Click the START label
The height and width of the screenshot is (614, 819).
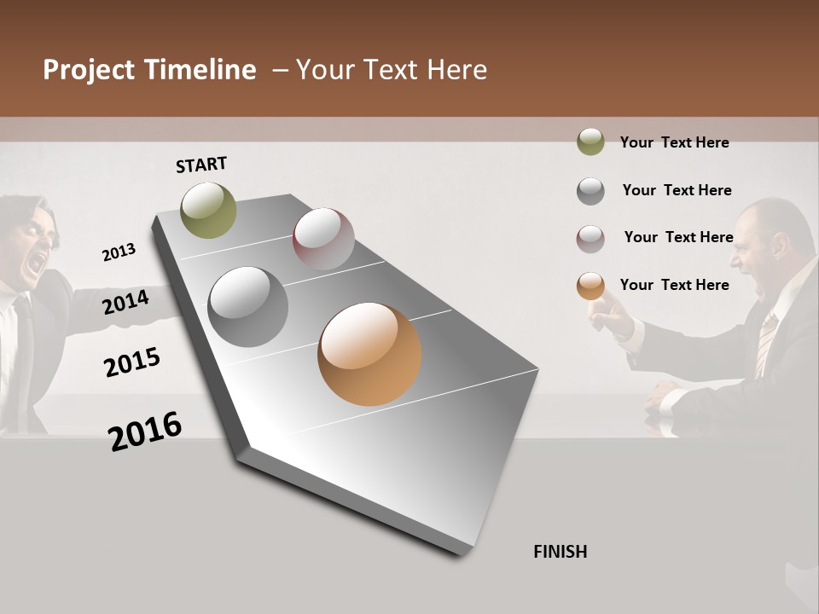[201, 165]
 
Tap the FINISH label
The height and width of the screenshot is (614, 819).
[560, 552]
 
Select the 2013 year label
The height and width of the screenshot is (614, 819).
[119, 252]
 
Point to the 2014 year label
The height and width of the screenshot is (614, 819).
[125, 302]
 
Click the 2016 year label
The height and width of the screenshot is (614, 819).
[145, 431]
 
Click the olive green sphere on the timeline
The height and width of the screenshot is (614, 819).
[209, 210]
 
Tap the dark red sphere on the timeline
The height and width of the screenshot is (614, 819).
[323, 239]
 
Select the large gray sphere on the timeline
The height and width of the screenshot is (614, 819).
[248, 307]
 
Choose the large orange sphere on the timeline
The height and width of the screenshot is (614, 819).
[369, 354]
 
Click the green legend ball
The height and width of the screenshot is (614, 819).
[590, 142]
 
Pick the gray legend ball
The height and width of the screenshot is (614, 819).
[590, 190]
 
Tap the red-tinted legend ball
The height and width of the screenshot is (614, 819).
[590, 238]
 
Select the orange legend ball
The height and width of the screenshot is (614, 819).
[590, 286]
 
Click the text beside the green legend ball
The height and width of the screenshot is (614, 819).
[674, 142]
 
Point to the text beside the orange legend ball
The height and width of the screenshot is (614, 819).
[674, 285]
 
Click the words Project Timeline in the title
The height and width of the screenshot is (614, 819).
[149, 70]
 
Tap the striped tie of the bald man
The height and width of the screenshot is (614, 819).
[765, 341]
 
